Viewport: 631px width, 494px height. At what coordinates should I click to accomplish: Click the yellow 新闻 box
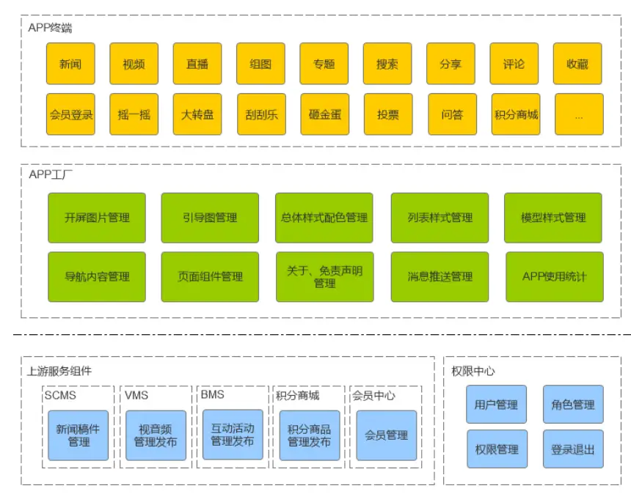[x=70, y=64]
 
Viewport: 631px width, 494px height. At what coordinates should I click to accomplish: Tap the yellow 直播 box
[x=197, y=64]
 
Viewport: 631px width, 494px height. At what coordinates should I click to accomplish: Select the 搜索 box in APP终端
[x=387, y=64]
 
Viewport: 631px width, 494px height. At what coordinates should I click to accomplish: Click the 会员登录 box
[x=70, y=114]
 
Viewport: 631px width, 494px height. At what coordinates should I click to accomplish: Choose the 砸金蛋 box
[x=324, y=114]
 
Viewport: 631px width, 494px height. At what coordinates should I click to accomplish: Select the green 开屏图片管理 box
[x=97, y=218]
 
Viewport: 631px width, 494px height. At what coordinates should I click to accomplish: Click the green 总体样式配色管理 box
[x=324, y=218]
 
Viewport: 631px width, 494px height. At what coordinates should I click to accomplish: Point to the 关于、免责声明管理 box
[x=324, y=277]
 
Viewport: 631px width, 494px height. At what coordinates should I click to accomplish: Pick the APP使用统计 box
[x=554, y=277]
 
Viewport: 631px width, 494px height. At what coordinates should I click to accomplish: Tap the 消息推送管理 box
[x=439, y=277]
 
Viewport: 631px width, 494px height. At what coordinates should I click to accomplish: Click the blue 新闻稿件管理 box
[x=79, y=435]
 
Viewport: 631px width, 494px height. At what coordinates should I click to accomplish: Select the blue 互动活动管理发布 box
[x=232, y=435]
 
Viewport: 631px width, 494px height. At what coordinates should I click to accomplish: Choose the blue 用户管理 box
[x=496, y=405]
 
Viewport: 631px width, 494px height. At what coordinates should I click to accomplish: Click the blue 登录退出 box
[x=573, y=449]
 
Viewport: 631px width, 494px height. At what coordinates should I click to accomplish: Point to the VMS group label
[x=136, y=395]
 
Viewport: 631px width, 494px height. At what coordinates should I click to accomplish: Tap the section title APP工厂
[x=51, y=174]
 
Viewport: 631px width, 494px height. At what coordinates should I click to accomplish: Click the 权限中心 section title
[x=473, y=371]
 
